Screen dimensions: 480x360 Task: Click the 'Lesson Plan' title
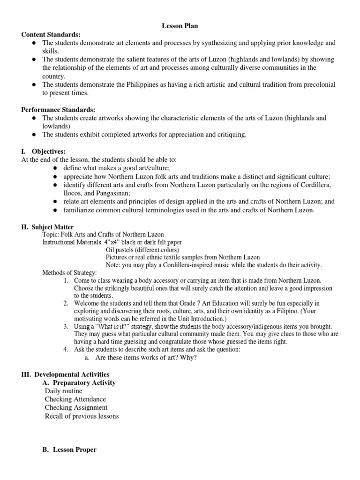tap(177, 26)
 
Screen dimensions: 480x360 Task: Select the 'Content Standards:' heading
tap(51, 35)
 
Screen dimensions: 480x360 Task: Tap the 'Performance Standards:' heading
tap(59, 110)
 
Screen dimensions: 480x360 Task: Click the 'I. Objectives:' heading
tap(44, 151)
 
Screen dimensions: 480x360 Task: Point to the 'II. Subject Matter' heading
tap(47, 227)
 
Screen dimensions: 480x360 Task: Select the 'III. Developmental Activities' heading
tap(65, 374)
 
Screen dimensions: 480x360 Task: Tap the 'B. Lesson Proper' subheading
tap(69, 450)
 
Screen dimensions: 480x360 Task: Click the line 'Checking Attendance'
tap(75, 399)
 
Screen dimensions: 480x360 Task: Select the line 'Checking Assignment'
tap(76, 408)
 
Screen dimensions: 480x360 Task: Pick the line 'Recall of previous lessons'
tap(82, 416)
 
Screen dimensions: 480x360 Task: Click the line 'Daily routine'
tap(64, 391)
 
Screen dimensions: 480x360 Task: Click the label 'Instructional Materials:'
tap(73, 242)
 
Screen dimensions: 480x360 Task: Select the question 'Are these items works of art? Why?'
tap(146, 358)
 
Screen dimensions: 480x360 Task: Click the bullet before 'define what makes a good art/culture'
tap(55, 168)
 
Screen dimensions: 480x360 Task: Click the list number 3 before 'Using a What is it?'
tap(66, 326)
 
